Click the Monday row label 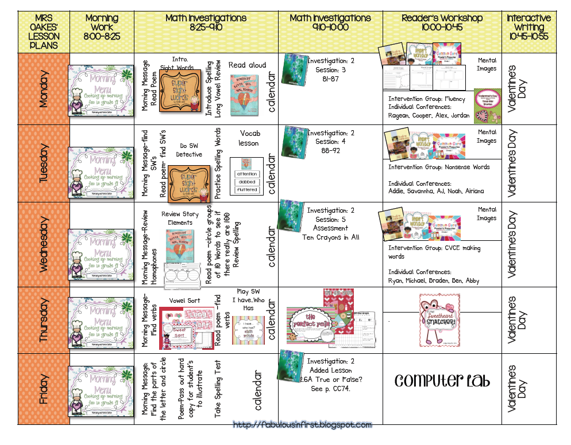point(43,89)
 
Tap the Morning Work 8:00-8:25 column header point(101,27)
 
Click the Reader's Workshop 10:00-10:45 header point(442,22)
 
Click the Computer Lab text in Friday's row point(442,381)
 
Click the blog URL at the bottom point(302,425)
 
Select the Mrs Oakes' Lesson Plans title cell point(43,32)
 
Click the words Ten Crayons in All point(331,237)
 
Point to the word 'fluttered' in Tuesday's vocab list point(247,189)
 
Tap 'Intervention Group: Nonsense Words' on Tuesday point(439,167)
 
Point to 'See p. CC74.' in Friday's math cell point(331,388)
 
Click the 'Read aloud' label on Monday point(247,65)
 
